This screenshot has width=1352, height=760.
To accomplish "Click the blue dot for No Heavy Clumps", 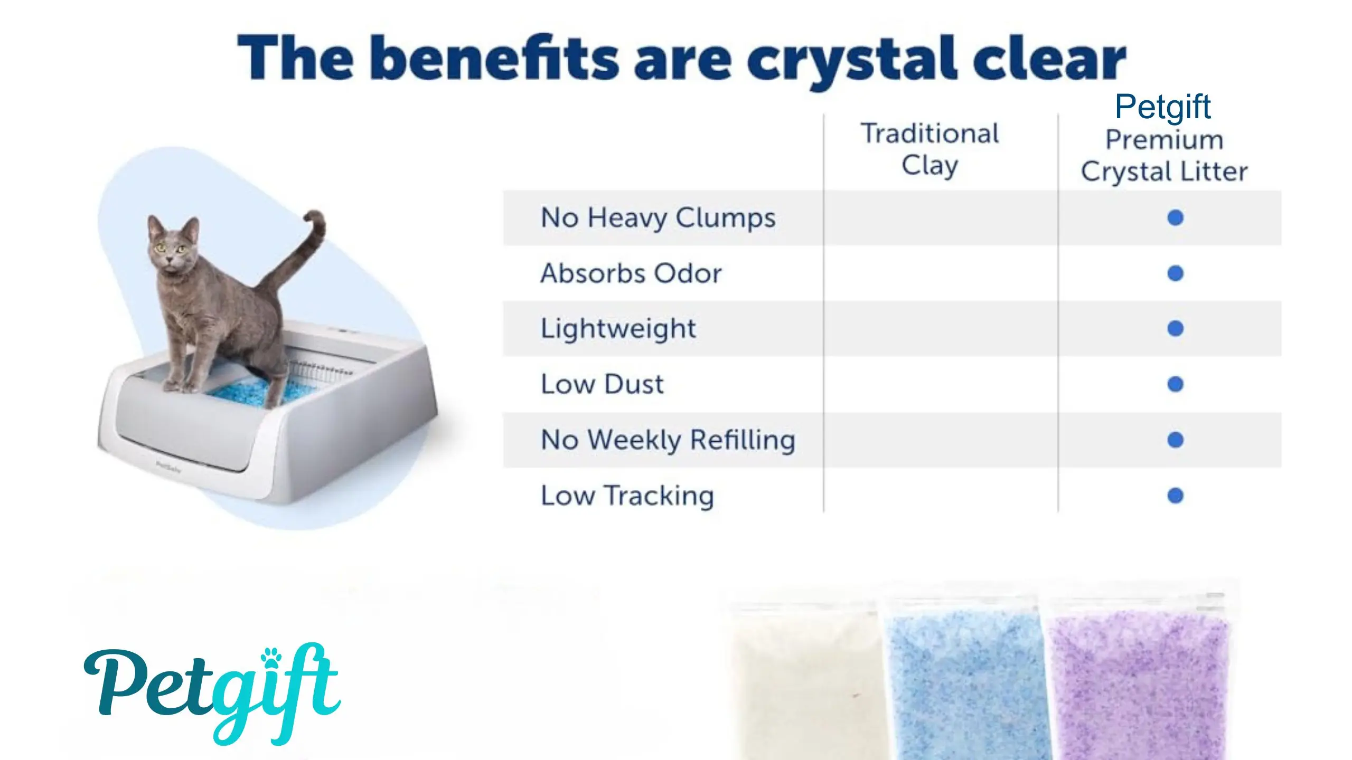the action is tap(1175, 217).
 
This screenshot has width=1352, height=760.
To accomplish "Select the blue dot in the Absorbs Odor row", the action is tap(1175, 273).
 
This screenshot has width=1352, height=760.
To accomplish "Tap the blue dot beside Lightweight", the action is tap(1175, 329).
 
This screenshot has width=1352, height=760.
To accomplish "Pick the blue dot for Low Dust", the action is tap(1175, 384).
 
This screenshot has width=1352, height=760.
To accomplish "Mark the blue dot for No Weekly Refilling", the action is tap(1175, 440).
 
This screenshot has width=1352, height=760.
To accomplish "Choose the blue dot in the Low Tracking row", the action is tap(1175, 496).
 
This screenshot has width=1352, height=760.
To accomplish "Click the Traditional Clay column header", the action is tap(930, 149).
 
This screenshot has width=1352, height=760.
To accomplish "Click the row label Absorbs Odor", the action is tap(631, 273).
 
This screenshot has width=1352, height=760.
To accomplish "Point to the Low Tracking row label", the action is tap(627, 496).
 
